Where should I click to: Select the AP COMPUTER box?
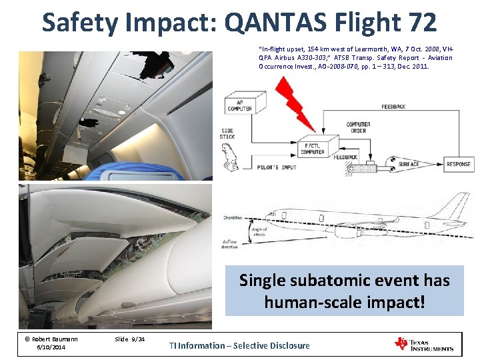tap(239, 105)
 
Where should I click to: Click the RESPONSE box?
tap(458, 164)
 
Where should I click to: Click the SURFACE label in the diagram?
tap(409, 164)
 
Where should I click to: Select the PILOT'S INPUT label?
tap(277, 167)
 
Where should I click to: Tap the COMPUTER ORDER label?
tap(358, 127)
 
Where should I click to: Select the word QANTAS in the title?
tap(279, 22)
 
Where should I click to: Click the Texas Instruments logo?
tap(425, 345)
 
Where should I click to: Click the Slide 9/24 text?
tap(129, 339)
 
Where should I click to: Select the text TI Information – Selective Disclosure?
tap(239, 345)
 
